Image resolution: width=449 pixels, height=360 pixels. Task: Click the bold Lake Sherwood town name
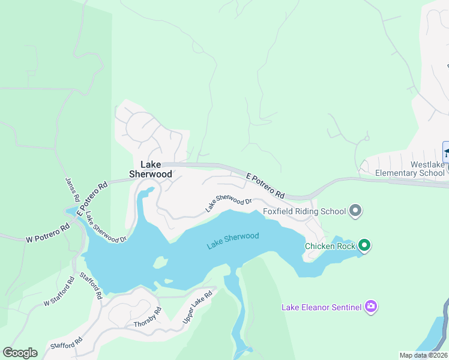pyautogui.click(x=151, y=169)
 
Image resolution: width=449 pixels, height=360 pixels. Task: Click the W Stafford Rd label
pyautogui.click(x=58, y=291)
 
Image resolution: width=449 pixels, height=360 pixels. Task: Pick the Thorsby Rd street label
pyautogui.click(x=148, y=317)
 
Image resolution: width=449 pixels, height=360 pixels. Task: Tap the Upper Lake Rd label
pyautogui.click(x=197, y=308)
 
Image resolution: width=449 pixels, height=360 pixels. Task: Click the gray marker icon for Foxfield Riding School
pyautogui.click(x=355, y=211)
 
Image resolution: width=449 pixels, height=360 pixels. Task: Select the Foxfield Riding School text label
pyautogui.click(x=304, y=211)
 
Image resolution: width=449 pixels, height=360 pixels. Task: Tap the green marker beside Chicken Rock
pyautogui.click(x=364, y=245)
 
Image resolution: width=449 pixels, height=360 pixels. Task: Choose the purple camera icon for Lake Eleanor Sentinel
pyautogui.click(x=371, y=307)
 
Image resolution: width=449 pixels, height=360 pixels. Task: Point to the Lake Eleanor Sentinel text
pyautogui.click(x=322, y=308)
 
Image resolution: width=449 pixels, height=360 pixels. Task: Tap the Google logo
pyautogui.click(x=20, y=352)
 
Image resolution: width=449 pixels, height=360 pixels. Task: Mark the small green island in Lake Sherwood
pyautogui.click(x=160, y=262)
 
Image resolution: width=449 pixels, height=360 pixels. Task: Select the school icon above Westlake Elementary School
pyautogui.click(x=447, y=151)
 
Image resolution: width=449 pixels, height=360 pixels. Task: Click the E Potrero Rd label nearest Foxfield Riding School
pyautogui.click(x=265, y=185)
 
